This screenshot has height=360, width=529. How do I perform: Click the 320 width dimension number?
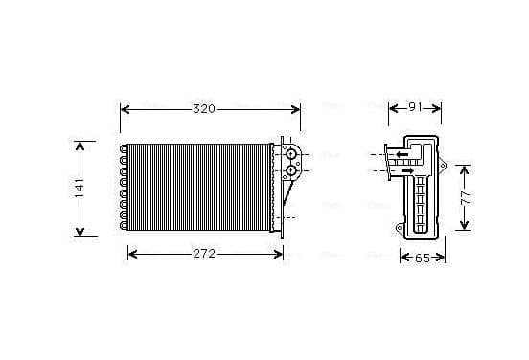[x=204, y=109]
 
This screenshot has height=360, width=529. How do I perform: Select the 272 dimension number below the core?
[x=204, y=254]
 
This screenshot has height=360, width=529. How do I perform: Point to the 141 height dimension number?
[x=80, y=189]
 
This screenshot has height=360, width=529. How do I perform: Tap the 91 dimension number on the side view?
[x=415, y=107]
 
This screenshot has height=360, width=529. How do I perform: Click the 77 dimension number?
[x=465, y=198]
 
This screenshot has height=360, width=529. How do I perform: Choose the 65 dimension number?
[x=423, y=259]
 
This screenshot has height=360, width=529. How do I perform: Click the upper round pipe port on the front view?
[x=290, y=155]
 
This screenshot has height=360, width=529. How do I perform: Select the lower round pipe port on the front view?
[x=290, y=170]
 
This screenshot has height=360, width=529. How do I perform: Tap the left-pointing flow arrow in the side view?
[x=402, y=155]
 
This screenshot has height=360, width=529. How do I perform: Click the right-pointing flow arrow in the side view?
[x=408, y=170]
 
